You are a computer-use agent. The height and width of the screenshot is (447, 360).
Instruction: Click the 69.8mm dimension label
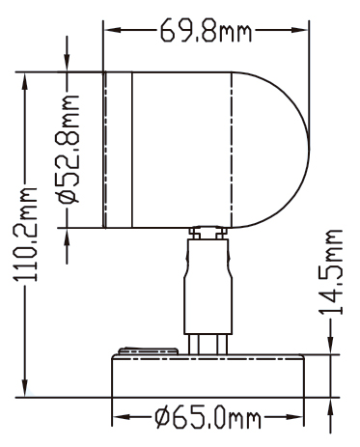coord(206,31)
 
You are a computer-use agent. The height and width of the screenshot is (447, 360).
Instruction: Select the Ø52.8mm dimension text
coord(69,150)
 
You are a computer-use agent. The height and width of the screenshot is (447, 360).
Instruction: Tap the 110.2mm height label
coord(25,235)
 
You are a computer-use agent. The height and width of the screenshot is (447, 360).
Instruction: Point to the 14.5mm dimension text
coord(330,272)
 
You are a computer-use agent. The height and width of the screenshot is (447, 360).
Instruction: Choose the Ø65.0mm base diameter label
coord(208,417)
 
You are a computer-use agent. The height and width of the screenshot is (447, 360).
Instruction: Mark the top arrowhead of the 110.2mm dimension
coord(24,81)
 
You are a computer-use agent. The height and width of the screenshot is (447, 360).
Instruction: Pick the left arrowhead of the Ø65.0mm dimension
coord(121,417)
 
